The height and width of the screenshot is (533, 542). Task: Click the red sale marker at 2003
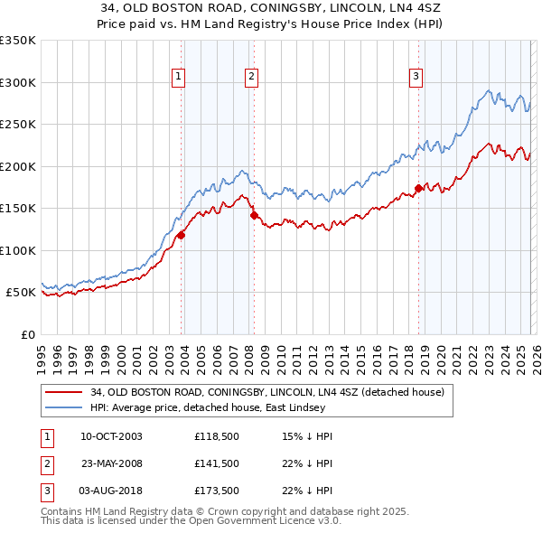click(x=182, y=235)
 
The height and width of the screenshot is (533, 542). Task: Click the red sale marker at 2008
click(x=255, y=216)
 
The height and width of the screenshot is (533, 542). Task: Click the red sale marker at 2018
click(x=418, y=189)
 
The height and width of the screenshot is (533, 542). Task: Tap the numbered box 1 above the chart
click(x=179, y=77)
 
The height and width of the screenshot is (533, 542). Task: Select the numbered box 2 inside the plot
click(x=251, y=77)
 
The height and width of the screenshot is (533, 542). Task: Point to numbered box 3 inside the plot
click(x=416, y=77)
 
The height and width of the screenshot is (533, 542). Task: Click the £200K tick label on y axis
click(x=18, y=166)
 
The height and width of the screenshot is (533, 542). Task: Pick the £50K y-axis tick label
click(x=21, y=293)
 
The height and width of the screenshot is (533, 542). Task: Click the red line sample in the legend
click(x=63, y=393)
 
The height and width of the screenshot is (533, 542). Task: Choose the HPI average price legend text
click(x=203, y=407)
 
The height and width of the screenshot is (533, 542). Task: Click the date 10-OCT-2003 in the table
click(x=111, y=436)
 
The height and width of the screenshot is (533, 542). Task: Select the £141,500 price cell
click(x=217, y=463)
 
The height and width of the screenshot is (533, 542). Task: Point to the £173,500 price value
click(x=217, y=491)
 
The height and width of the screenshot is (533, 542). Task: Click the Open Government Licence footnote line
click(x=192, y=522)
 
